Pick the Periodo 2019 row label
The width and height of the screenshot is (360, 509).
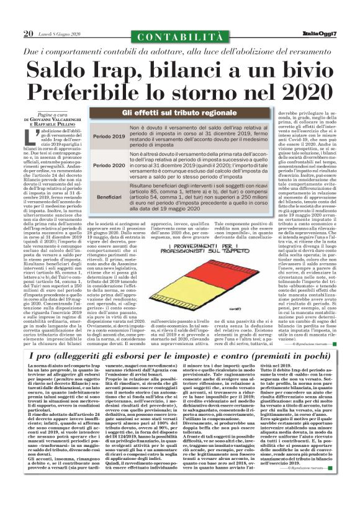[109, 135]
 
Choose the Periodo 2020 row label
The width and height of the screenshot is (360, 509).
[109, 166]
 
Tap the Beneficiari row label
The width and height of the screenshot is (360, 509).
[109, 196]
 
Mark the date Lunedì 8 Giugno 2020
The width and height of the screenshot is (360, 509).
[61, 34]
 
